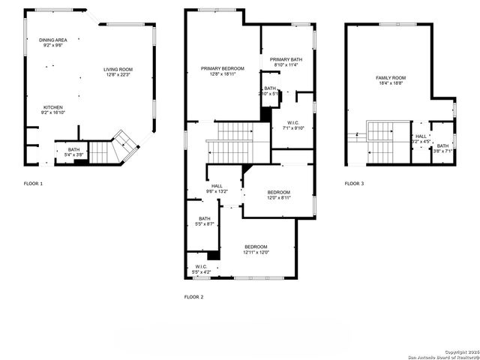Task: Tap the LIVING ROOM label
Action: pyautogui.click(x=117, y=70)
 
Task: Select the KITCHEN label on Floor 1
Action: pyautogui.click(x=52, y=107)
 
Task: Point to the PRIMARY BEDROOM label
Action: pyautogui.click(x=223, y=68)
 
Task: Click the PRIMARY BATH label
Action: pyautogui.click(x=286, y=59)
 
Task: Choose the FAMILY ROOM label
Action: pyautogui.click(x=391, y=78)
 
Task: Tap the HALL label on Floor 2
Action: pyautogui.click(x=217, y=186)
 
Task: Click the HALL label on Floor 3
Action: pyautogui.click(x=421, y=136)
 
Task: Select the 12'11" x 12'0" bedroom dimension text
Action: pyautogui.click(x=256, y=253)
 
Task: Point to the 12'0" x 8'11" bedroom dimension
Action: pyautogui.click(x=279, y=198)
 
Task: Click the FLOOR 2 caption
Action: pyautogui.click(x=194, y=297)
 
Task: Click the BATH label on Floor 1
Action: pyautogui.click(x=73, y=150)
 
